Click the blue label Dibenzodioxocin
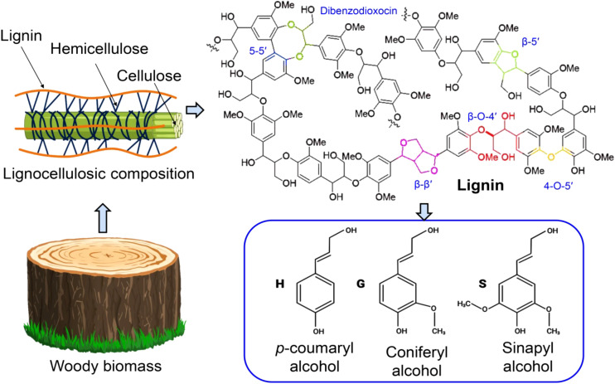click(x=359, y=11)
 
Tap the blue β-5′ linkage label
click(x=531, y=41)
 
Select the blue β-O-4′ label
click(x=482, y=117)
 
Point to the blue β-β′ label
click(x=424, y=184)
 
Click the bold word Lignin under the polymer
click(x=481, y=185)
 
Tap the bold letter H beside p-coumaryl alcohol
click(x=279, y=284)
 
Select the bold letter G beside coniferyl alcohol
click(x=361, y=284)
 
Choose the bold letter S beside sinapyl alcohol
click(x=482, y=284)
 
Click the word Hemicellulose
click(x=99, y=49)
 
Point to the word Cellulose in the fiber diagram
click(x=149, y=75)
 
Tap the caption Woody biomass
click(x=105, y=366)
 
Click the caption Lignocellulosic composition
click(x=99, y=173)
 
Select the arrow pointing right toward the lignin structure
click(x=195, y=110)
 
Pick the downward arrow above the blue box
click(x=424, y=211)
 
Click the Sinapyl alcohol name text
click(x=527, y=357)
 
